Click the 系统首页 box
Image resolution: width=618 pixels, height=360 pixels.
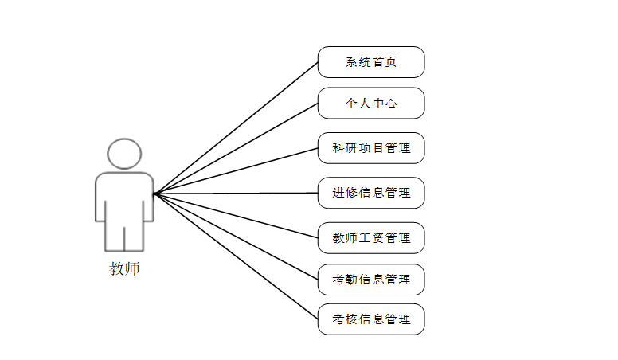tap(371, 62)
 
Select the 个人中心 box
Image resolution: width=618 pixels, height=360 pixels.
tap(371, 104)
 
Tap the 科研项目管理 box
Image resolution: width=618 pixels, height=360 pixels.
tap(371, 148)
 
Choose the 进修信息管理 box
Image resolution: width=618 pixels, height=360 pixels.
tap(371, 193)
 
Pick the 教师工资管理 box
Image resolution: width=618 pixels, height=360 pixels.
tap(371, 238)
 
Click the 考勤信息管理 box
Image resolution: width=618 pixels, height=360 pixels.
tap(371, 280)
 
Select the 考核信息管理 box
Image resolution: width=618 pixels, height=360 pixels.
tap(371, 319)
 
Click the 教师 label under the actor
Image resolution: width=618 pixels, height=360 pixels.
tap(124, 269)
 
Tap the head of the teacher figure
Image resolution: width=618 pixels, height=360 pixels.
tap(124, 154)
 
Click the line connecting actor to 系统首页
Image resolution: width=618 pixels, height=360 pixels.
tap(237, 127)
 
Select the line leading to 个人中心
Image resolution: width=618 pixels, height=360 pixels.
tap(237, 148)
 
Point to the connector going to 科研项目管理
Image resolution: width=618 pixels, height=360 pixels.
tap(237, 170)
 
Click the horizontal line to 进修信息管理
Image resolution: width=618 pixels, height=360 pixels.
tap(237, 193)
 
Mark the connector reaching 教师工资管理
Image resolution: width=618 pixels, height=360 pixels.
tap(237, 216)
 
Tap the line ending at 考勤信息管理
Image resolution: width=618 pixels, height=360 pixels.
tap(237, 237)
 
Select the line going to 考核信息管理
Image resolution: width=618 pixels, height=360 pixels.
tap(237, 256)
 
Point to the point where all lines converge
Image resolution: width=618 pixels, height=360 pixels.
tap(154, 193)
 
